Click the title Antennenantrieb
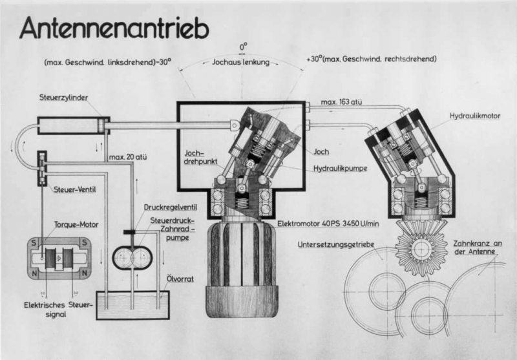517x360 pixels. (x=114, y=28)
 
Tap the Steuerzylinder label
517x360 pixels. (x=63, y=98)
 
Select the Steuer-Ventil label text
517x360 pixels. (x=74, y=189)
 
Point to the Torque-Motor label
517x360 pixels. (x=76, y=224)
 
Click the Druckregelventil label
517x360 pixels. (x=171, y=207)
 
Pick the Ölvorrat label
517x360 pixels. (x=180, y=279)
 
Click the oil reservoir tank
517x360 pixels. (x=133, y=305)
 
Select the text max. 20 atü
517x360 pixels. (x=128, y=157)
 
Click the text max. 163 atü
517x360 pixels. (x=341, y=102)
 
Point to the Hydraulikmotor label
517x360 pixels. (x=475, y=116)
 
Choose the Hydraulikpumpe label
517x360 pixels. (x=341, y=169)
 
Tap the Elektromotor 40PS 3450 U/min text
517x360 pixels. (x=328, y=224)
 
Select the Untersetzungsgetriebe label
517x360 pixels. (x=336, y=244)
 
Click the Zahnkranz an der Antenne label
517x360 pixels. (x=477, y=248)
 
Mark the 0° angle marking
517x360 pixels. (x=244, y=47)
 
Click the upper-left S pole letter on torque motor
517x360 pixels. (x=34, y=243)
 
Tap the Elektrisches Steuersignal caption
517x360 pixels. (x=58, y=310)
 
